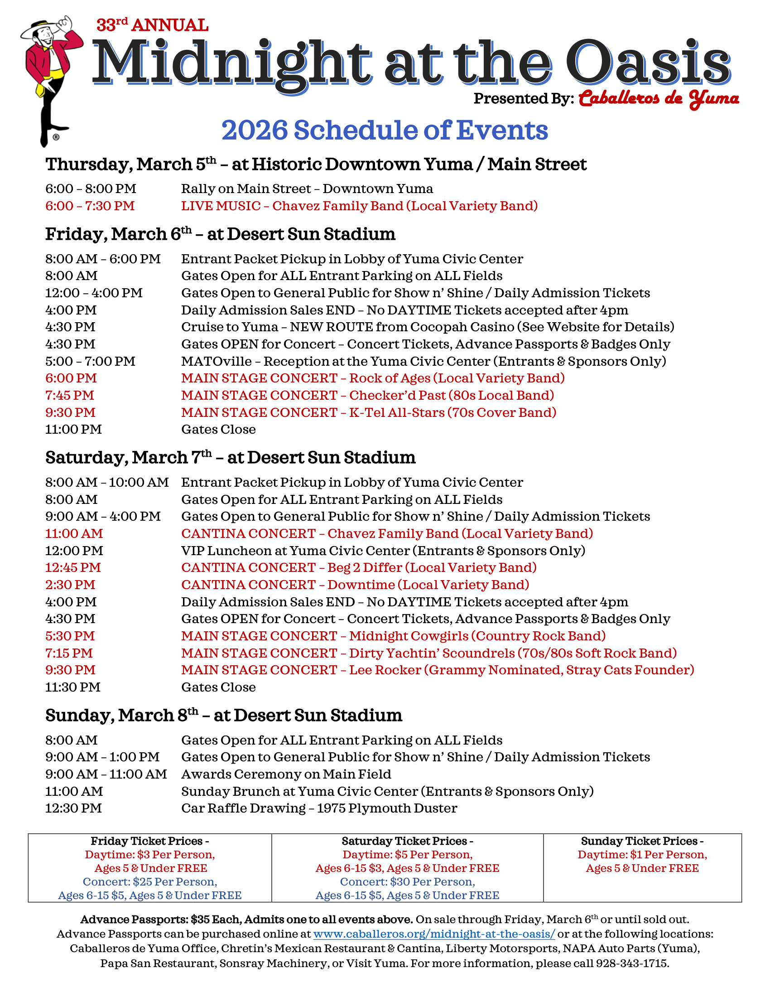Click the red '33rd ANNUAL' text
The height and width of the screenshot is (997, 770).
click(x=152, y=25)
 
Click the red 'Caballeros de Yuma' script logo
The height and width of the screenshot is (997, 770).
click(x=659, y=99)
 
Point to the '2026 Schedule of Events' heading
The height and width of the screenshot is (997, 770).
click(x=385, y=130)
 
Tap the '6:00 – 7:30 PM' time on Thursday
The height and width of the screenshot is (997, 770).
click(x=90, y=206)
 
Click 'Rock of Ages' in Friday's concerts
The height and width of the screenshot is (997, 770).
click(x=390, y=378)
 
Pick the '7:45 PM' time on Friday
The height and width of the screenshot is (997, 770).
click(x=69, y=395)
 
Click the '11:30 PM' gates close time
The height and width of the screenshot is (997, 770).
click(x=72, y=687)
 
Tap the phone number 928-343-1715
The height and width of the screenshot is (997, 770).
click(x=632, y=963)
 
